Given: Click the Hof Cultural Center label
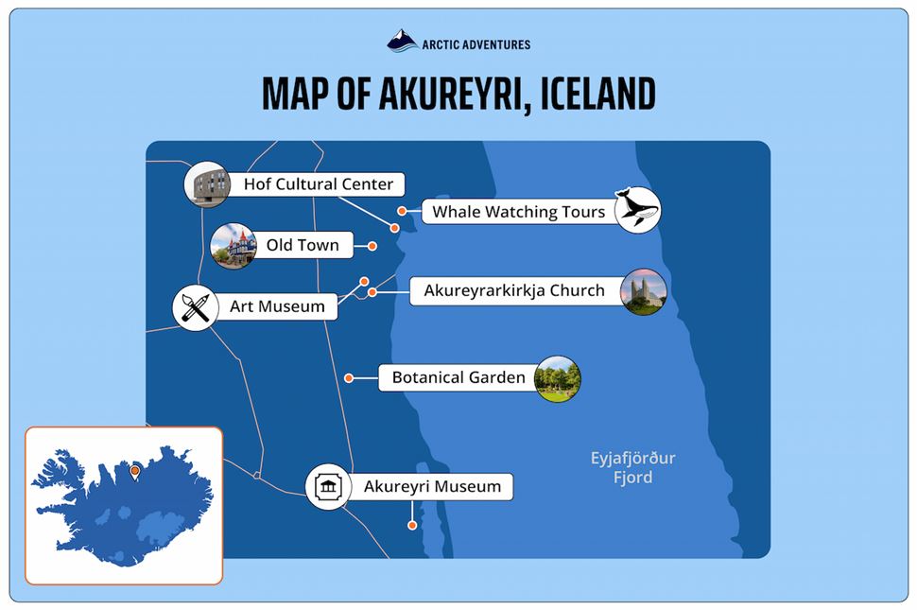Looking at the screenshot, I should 318,183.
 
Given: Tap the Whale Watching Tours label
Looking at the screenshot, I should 518,212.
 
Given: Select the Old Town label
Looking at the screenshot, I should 302,245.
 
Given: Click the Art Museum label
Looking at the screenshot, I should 277,306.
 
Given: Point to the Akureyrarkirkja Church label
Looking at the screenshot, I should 513,290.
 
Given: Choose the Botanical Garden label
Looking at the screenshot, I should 458,378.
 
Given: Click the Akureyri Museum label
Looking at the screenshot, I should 432,487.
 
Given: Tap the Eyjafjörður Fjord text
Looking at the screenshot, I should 632,468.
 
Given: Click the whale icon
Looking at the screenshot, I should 637,209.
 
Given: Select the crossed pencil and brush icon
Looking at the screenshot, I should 196,307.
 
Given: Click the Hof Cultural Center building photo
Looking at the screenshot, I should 207,183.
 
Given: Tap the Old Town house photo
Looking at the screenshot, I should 234,246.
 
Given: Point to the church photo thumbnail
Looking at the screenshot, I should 644,291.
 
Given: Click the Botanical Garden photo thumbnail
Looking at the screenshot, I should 557,379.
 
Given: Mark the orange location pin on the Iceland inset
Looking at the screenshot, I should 135,470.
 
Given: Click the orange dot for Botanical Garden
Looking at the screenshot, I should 349,378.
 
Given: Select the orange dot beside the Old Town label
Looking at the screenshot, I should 372,246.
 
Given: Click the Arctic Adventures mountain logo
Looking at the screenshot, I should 403,41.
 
